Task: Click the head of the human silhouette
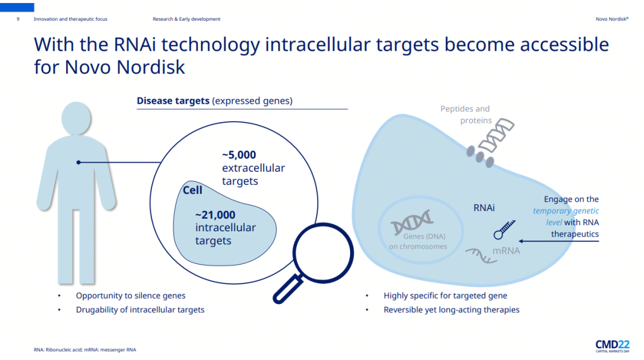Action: (x=76, y=118)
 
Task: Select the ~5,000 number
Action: (x=239, y=155)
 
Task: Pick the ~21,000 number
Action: (x=215, y=215)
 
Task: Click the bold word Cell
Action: (x=193, y=190)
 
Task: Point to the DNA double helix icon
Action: (x=411, y=222)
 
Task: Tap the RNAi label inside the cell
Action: (x=484, y=207)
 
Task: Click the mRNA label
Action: (x=506, y=250)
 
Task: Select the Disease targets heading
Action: (x=215, y=101)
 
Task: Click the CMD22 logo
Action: (x=612, y=346)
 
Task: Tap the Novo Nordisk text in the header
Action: (x=612, y=19)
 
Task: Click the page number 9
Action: (x=18, y=19)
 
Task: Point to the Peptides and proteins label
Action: (x=466, y=114)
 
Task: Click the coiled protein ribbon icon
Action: (x=496, y=136)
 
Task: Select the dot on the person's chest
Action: (x=79, y=163)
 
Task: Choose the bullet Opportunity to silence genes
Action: (x=131, y=296)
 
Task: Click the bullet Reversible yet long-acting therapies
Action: (x=451, y=309)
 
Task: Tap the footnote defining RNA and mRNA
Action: (x=85, y=350)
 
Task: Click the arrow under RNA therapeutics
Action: (x=559, y=241)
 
